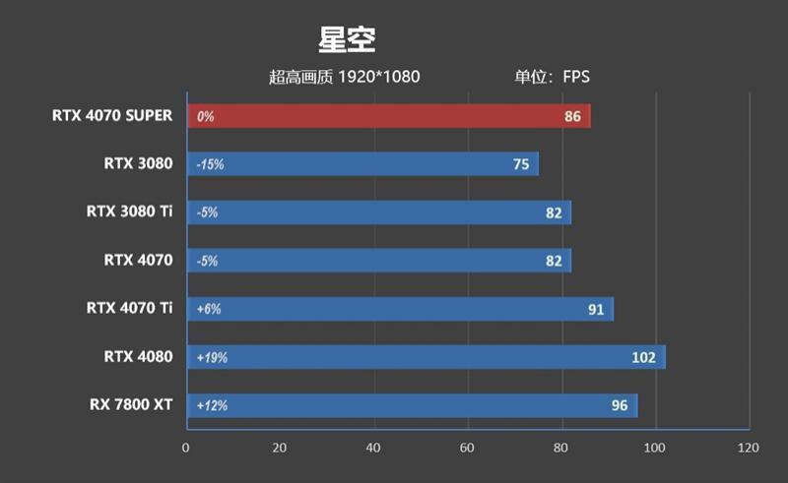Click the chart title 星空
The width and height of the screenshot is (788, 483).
(x=347, y=40)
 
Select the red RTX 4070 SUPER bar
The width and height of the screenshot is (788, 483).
(x=388, y=116)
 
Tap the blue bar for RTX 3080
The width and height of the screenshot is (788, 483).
(x=361, y=164)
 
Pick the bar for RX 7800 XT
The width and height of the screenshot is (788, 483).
(x=411, y=405)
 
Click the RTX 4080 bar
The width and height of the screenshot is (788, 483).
(x=425, y=357)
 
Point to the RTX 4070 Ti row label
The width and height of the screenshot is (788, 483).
(x=129, y=308)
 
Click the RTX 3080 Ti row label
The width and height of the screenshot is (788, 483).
(x=129, y=211)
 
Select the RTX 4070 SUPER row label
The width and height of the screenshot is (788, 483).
(x=112, y=115)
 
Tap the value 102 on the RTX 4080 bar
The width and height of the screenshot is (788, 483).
(x=643, y=357)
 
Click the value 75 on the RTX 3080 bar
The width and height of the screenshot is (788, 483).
(x=522, y=164)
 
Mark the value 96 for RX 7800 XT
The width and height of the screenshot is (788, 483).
(x=619, y=405)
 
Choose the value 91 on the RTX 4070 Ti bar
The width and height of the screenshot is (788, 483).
(x=596, y=309)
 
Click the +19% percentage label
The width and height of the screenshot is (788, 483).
(x=212, y=357)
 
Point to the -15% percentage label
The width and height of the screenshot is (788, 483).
(x=210, y=164)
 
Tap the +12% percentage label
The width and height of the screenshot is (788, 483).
(x=212, y=405)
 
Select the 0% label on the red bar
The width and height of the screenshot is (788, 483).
(x=205, y=116)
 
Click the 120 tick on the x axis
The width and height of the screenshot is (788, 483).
(x=748, y=448)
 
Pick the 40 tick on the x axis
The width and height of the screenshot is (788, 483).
(x=373, y=448)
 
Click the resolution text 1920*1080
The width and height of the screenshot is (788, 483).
(x=379, y=77)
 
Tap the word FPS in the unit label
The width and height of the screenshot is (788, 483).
(x=576, y=77)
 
